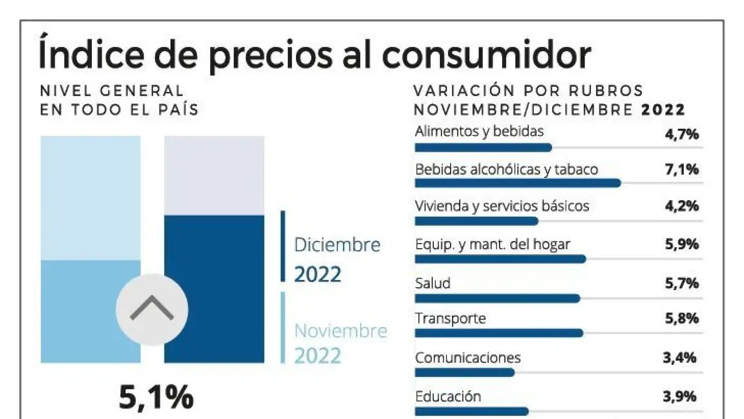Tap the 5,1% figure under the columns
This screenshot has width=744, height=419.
156,398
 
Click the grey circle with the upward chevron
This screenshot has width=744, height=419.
152,309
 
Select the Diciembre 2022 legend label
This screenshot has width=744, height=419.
337,259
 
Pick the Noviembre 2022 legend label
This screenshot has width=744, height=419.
341,344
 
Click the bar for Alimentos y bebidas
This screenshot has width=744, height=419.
483,148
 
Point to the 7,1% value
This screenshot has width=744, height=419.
682,170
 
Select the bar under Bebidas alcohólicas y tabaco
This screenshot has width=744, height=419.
518,183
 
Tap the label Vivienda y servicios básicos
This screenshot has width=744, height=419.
502,206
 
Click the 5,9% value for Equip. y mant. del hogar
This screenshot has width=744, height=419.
682,245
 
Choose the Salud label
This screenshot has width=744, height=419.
433,283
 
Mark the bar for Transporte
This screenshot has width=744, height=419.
499,333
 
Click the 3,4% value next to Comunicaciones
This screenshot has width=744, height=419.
680,358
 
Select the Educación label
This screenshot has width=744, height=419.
448,396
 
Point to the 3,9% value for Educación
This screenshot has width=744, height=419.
680,396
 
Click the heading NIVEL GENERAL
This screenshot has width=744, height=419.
111,91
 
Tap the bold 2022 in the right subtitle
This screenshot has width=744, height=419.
663,110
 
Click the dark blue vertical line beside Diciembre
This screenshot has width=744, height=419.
282,246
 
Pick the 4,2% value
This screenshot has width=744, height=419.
682,207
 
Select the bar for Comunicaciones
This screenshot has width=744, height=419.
464,373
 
